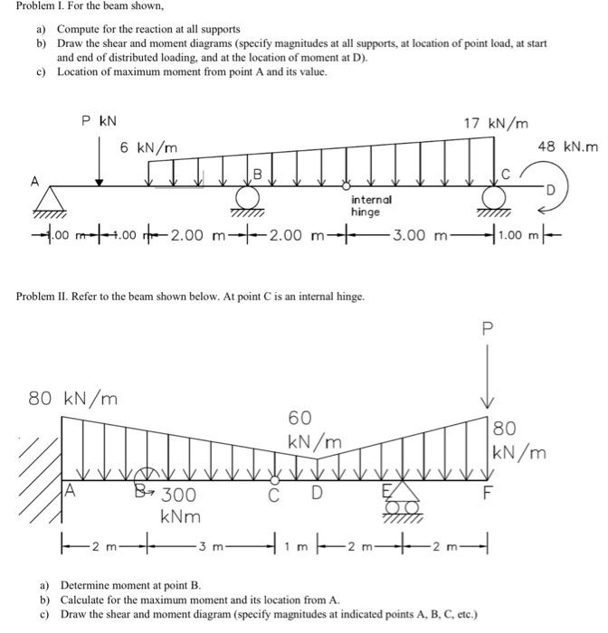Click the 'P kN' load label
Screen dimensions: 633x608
(x=97, y=119)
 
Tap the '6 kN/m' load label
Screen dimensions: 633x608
(x=148, y=147)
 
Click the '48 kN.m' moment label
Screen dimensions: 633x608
(x=568, y=146)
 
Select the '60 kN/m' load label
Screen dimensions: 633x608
(x=314, y=430)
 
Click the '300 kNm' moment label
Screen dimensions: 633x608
(x=177, y=505)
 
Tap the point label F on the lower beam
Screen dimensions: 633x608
(x=489, y=496)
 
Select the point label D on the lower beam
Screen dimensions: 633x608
(x=315, y=495)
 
